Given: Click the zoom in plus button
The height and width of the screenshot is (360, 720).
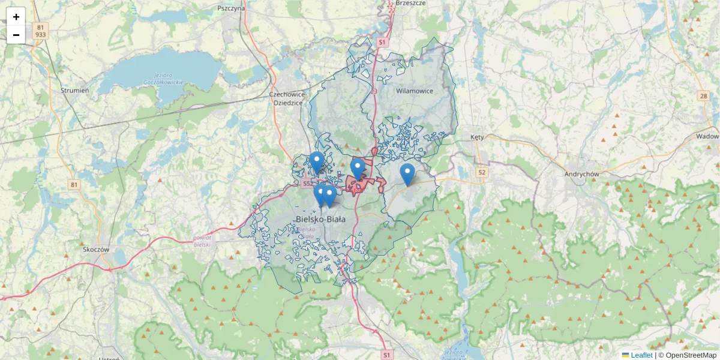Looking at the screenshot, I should coord(16,17).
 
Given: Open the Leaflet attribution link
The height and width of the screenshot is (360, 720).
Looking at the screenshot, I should coord(641,355).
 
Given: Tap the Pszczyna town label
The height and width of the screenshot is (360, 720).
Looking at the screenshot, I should coord(231,8).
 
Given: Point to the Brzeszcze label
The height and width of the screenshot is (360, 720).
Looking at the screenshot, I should coord(411,3).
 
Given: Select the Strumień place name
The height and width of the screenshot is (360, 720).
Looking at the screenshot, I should coord(75,90).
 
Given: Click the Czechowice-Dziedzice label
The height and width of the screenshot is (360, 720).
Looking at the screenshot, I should coord(288,98).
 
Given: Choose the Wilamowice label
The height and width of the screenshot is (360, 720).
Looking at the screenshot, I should coord(415,91).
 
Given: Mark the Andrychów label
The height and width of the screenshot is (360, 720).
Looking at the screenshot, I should coord(582,174).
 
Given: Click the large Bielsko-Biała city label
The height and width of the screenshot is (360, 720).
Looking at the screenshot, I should coord(321,220).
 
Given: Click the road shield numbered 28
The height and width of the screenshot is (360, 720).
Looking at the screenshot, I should coord(703,96).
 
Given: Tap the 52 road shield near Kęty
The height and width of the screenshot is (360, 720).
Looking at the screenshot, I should coord(481,172).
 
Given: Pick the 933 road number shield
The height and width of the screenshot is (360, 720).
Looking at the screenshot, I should coord(40,35).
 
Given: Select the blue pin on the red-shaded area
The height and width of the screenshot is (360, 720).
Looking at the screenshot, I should coord(358,169).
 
